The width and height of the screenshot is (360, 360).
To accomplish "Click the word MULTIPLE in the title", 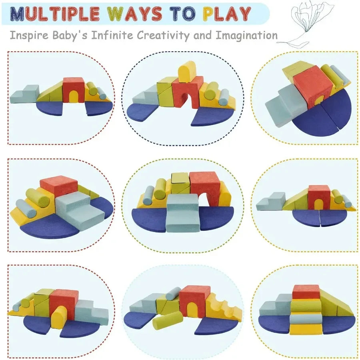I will click(x=55, y=13).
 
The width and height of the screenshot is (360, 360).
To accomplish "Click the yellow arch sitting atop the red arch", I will click(x=186, y=72).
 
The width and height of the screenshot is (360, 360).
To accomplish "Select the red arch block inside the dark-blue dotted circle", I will click(x=187, y=91).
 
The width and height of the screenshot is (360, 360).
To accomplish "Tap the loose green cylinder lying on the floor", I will click(x=167, y=320).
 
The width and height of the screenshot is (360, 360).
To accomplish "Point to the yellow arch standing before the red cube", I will click(x=59, y=316).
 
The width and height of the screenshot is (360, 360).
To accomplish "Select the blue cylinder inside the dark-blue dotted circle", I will click(x=224, y=97).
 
